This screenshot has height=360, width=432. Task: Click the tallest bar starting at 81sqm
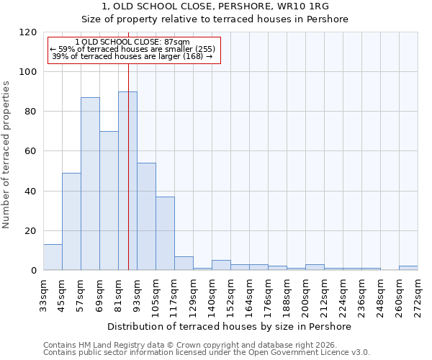tap(127, 181)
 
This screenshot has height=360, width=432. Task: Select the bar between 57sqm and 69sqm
tap(90, 184)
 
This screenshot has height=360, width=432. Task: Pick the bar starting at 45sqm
tap(71, 221)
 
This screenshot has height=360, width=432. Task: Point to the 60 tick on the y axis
tap(30, 151)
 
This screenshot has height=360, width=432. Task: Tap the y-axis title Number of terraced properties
tap(6, 155)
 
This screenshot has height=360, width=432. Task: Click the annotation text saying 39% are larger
tap(132, 56)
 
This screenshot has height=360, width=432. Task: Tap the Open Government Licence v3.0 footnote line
tap(207, 353)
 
